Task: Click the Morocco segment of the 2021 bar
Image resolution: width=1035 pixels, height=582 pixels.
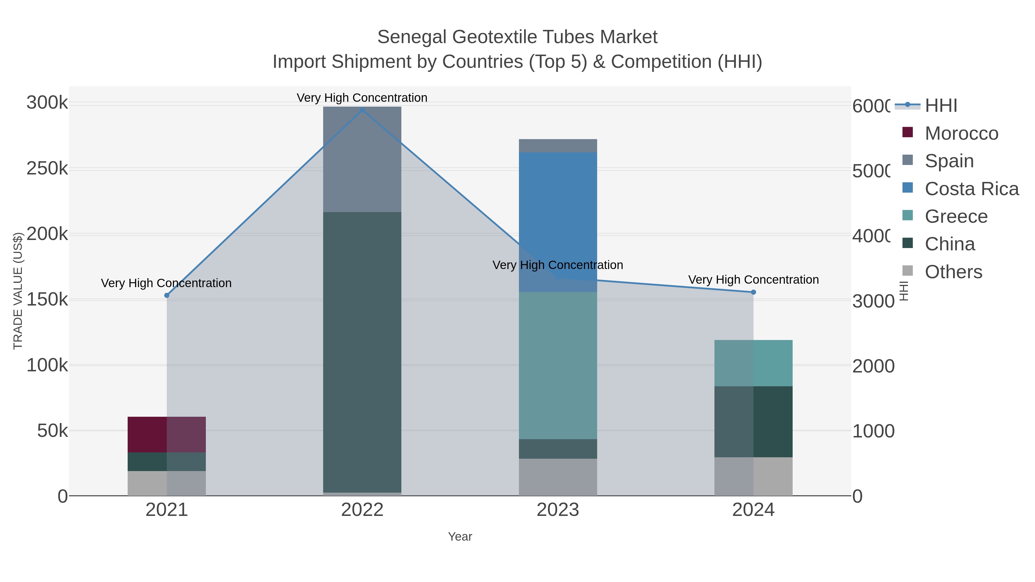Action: pos(166,435)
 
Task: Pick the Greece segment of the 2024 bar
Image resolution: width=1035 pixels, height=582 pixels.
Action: pos(753,363)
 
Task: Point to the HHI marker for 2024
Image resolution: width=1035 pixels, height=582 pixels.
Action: pos(753,292)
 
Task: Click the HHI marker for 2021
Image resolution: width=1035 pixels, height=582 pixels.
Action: pos(167,295)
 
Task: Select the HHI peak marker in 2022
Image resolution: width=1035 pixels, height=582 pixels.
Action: pos(362,110)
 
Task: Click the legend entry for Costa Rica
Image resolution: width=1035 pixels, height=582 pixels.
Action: pos(971,189)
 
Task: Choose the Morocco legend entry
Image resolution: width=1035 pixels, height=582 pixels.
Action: pos(961,133)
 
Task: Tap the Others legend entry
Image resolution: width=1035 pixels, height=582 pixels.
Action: pos(953,272)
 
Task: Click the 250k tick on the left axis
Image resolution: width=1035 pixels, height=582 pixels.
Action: pos(47,169)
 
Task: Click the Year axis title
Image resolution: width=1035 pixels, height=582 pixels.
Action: pos(460,537)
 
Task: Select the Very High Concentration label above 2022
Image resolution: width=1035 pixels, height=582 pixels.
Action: pos(362,98)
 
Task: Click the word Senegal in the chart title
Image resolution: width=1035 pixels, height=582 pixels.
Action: pos(412,37)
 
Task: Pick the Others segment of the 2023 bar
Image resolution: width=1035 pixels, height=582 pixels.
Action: pos(558,477)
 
